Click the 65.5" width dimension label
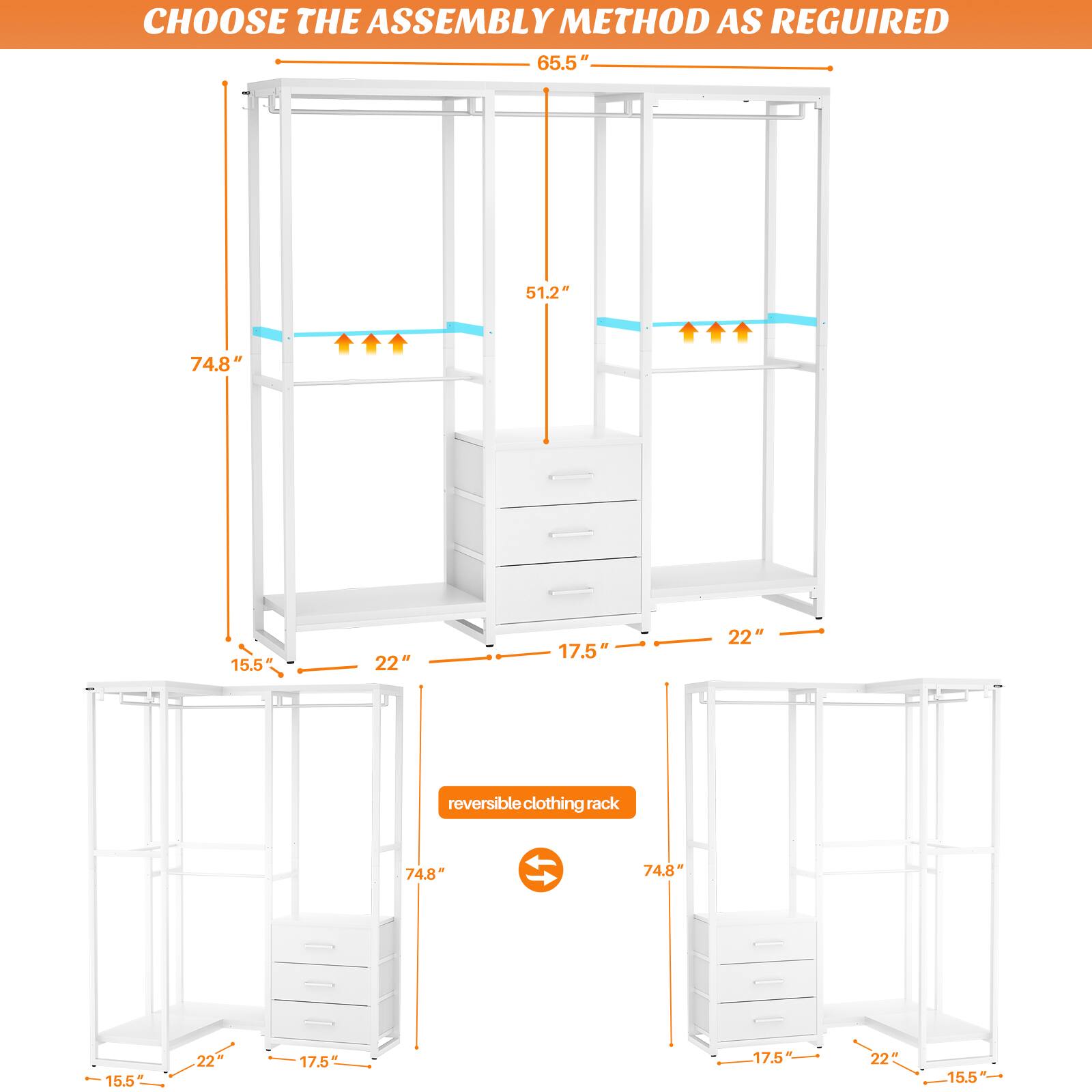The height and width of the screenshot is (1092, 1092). [x=562, y=63]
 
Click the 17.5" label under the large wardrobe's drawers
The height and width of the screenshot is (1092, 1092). [x=584, y=651]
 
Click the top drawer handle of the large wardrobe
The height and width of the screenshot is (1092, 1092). [x=572, y=476]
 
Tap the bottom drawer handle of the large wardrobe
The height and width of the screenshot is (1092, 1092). [x=572, y=591]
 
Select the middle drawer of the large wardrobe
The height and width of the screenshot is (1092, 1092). [x=569, y=533]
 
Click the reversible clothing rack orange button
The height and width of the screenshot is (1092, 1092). [x=536, y=803]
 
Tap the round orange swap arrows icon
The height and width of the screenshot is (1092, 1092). [x=541, y=869]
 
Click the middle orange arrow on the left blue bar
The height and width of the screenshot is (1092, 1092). [x=371, y=343]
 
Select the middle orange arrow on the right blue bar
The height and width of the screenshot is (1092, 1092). [x=715, y=332]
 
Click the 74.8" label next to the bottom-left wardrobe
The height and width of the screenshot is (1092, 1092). [x=425, y=874]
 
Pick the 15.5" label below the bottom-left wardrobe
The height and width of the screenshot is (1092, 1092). [x=125, y=1061]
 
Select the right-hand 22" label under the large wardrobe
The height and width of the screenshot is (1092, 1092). [x=745, y=637]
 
